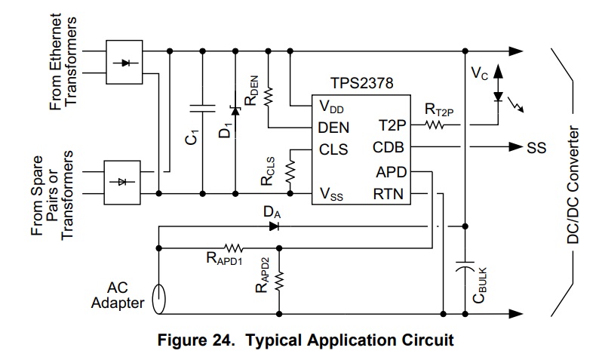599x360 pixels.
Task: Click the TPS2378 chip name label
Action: coord(361,83)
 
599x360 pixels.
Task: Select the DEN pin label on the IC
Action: coord(333,128)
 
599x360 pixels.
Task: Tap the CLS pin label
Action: coord(333,149)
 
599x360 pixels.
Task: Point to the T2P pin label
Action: coord(392,125)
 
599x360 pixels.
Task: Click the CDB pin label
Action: coord(388,147)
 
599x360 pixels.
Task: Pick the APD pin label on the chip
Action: coord(392,172)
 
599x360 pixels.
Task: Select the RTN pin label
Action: coord(388,194)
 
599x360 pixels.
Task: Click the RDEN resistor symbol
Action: coord(269,97)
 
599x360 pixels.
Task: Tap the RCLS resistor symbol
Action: coord(290,171)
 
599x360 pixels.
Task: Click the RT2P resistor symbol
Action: coord(435,125)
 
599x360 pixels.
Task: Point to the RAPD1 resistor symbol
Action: coord(233,248)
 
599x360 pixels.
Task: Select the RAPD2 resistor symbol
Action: coord(279,281)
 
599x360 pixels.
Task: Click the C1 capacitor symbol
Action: coord(203,108)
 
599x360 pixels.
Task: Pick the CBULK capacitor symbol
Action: coord(465,266)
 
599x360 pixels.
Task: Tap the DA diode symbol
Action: coord(274,226)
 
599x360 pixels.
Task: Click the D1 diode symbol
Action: coord(235,110)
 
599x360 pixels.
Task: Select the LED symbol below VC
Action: coord(498,97)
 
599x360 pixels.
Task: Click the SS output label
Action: coord(536,148)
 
